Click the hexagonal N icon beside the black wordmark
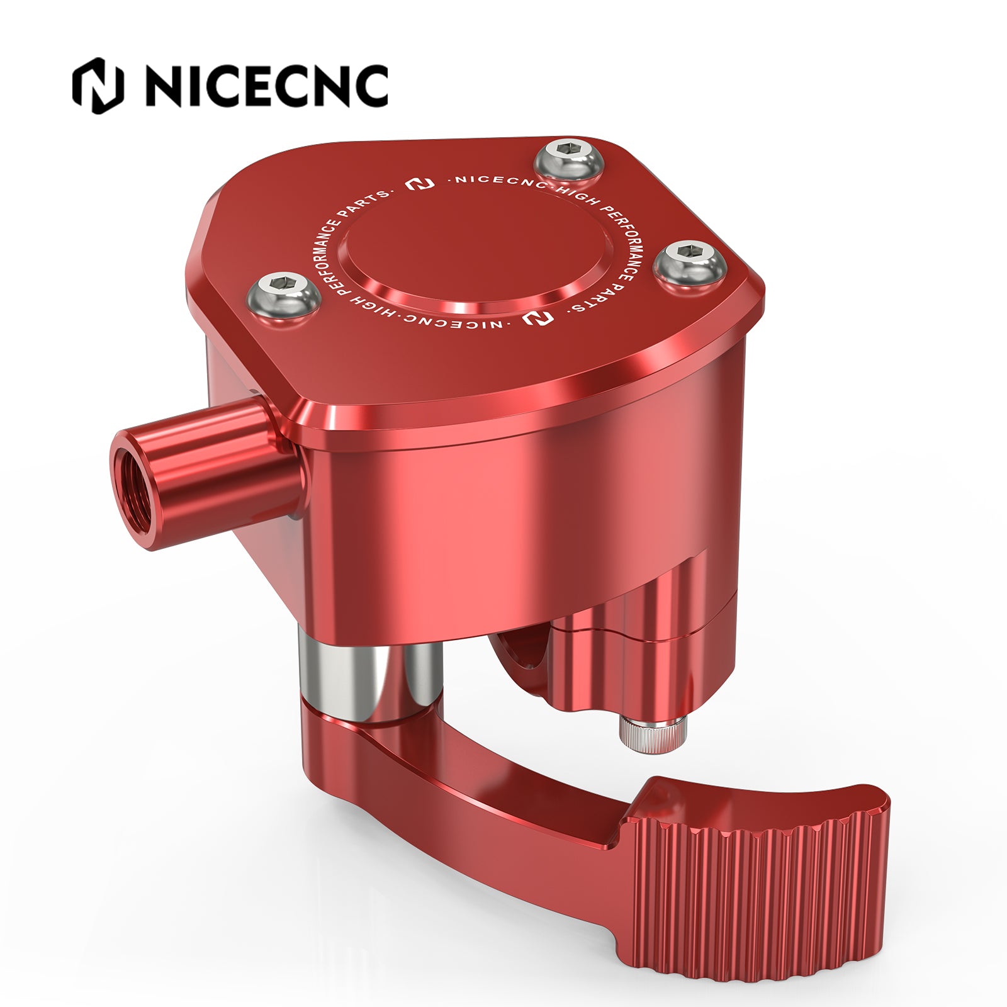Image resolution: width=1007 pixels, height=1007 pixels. pyautogui.click(x=98, y=86)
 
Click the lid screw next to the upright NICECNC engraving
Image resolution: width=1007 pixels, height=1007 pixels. pyautogui.click(x=569, y=162)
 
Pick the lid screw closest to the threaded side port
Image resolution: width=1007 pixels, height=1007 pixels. pyautogui.click(x=283, y=296)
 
